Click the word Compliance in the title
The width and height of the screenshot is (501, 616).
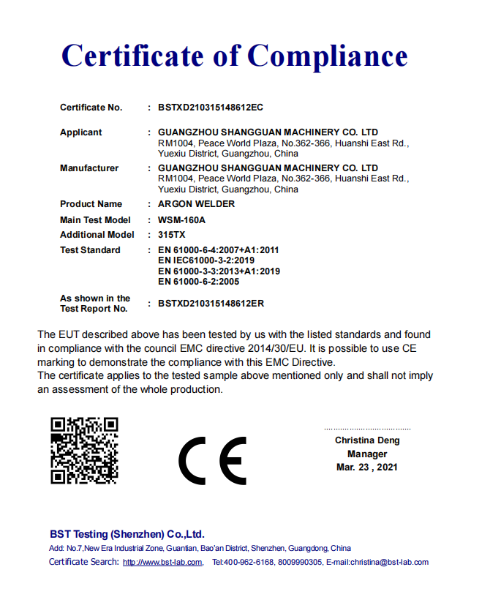pos(328,56)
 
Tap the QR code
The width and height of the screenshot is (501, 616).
pos(84,451)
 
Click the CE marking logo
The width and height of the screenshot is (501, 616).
pos(212,461)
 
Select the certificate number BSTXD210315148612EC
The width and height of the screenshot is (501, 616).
pos(211,108)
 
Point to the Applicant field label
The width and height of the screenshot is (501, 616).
pos(81,132)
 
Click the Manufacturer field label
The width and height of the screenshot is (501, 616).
pos(89,168)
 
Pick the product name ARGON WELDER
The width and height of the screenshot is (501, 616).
pos(197,204)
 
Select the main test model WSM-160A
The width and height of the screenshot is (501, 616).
pos(181,220)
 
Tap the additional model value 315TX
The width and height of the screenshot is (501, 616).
pos(171,235)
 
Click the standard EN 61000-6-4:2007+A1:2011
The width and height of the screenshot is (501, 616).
pos(219,250)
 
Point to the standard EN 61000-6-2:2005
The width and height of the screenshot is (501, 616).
pos(199,282)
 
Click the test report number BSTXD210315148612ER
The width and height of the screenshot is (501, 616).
pos(211,303)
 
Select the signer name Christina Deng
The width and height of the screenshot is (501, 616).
pos(367,440)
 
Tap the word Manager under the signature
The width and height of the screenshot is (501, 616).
pos(367,454)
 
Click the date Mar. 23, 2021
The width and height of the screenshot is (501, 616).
pos(367,467)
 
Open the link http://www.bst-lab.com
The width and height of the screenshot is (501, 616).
pos(162,563)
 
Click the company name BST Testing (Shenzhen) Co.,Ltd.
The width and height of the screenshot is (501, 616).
pos(127,535)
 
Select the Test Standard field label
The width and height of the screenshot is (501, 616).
pos(90,250)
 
